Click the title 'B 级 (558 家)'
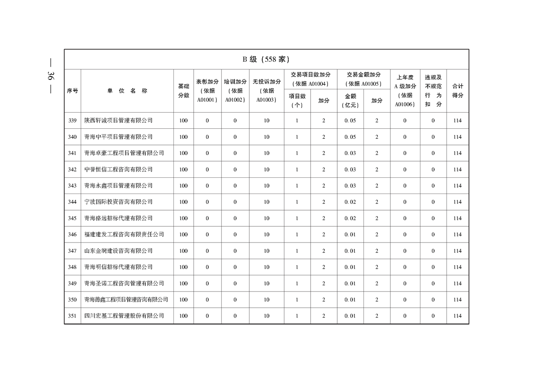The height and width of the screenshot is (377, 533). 266,59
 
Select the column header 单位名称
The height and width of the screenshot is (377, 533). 127,91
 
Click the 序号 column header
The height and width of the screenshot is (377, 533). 72,91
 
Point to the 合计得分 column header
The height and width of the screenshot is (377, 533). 457,91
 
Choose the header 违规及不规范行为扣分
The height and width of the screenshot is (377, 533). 433,91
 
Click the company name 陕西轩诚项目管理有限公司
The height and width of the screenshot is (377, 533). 118,121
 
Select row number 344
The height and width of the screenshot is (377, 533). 72,202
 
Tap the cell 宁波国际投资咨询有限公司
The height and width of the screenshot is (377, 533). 118,202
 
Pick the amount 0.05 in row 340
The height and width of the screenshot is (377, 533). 350,137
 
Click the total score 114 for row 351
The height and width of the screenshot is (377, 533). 457,316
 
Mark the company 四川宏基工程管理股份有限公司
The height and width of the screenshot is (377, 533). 124,316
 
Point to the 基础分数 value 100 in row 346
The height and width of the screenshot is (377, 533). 183,234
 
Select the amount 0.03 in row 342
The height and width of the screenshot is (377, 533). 350,170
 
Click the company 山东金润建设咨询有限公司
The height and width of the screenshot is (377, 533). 118,251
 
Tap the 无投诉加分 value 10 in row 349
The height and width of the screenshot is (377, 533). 266,283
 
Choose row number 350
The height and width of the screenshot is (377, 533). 72,300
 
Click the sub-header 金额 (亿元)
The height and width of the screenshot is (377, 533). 350,101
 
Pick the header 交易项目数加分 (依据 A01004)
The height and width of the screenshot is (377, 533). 311,79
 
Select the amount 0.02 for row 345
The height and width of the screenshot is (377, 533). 350,218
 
